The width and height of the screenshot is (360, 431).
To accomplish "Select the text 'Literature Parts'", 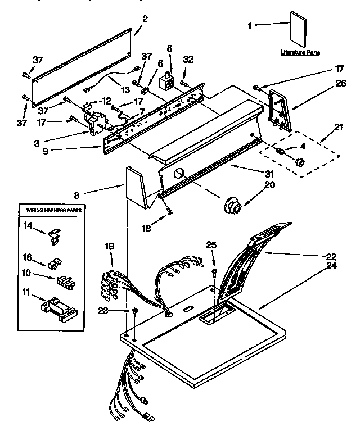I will (300, 52).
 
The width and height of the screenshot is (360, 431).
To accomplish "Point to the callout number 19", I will (109, 246).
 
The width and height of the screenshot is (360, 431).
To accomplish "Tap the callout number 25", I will (211, 244).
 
